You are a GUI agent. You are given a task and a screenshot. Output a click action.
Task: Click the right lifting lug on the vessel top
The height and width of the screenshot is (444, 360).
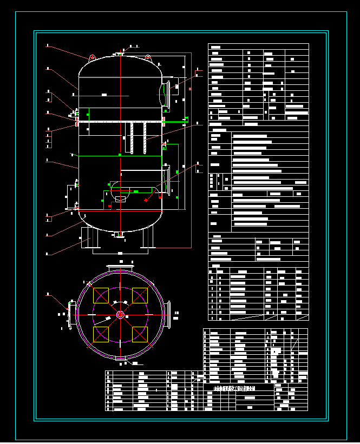[x=147, y=57]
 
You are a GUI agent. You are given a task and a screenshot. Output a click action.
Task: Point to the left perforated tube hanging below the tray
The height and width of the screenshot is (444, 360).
[x=132, y=138]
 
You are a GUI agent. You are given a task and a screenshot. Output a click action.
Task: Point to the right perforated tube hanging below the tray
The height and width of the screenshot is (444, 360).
[x=145, y=138]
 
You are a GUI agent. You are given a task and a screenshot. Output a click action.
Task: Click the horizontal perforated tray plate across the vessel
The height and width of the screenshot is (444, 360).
[x=120, y=122]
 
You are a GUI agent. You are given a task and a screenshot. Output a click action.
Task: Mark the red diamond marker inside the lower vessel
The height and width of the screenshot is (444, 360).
[x=146, y=200]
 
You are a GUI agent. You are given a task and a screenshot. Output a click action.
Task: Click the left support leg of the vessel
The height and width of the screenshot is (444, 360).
[x=87, y=238]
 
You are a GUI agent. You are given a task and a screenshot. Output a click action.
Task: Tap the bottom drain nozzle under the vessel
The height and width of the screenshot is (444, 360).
[x=120, y=234]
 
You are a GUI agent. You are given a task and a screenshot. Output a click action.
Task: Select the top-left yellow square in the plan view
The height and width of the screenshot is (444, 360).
[x=101, y=295]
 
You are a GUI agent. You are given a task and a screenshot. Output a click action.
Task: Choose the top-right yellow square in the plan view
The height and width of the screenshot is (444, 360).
[x=140, y=295]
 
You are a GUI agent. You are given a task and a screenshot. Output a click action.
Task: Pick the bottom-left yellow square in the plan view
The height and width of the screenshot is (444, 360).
[x=101, y=334]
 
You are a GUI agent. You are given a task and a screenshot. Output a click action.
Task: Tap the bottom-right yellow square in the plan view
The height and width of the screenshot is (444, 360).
[x=140, y=334]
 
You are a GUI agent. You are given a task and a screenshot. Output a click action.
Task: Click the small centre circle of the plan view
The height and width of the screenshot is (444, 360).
[x=120, y=315]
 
